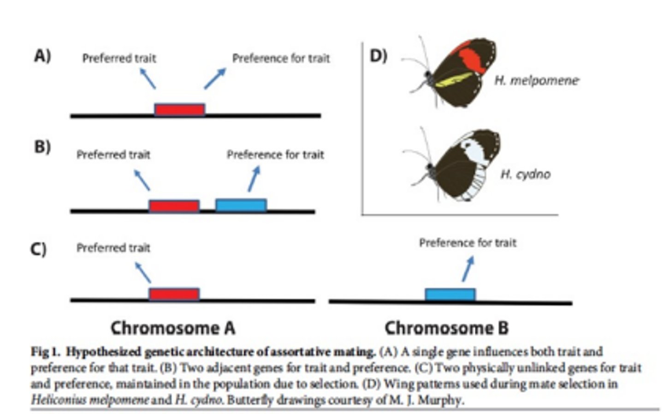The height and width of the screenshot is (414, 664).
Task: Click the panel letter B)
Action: tap(42, 147)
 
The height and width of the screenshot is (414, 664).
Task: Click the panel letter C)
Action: tap(38, 249)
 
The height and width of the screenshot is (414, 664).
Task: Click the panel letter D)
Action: tap(378, 56)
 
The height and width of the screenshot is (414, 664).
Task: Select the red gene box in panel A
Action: tap(179, 109)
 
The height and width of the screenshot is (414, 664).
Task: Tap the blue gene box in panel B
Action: tap(241, 205)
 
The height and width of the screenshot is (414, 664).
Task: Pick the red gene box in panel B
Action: tap(174, 205)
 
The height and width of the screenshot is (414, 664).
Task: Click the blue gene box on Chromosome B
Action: tap(450, 294)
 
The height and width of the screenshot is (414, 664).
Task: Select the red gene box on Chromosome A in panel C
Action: tap(174, 294)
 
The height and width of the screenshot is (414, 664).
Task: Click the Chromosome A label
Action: tap(173, 328)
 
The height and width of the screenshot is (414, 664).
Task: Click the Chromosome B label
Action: tap(446, 328)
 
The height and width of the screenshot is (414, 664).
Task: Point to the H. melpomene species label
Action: tap(536, 80)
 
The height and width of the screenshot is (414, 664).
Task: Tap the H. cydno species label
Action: tap(525, 174)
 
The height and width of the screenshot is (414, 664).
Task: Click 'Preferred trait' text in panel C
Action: tap(113, 248)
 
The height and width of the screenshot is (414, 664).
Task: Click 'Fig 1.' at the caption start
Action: tap(46, 352)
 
